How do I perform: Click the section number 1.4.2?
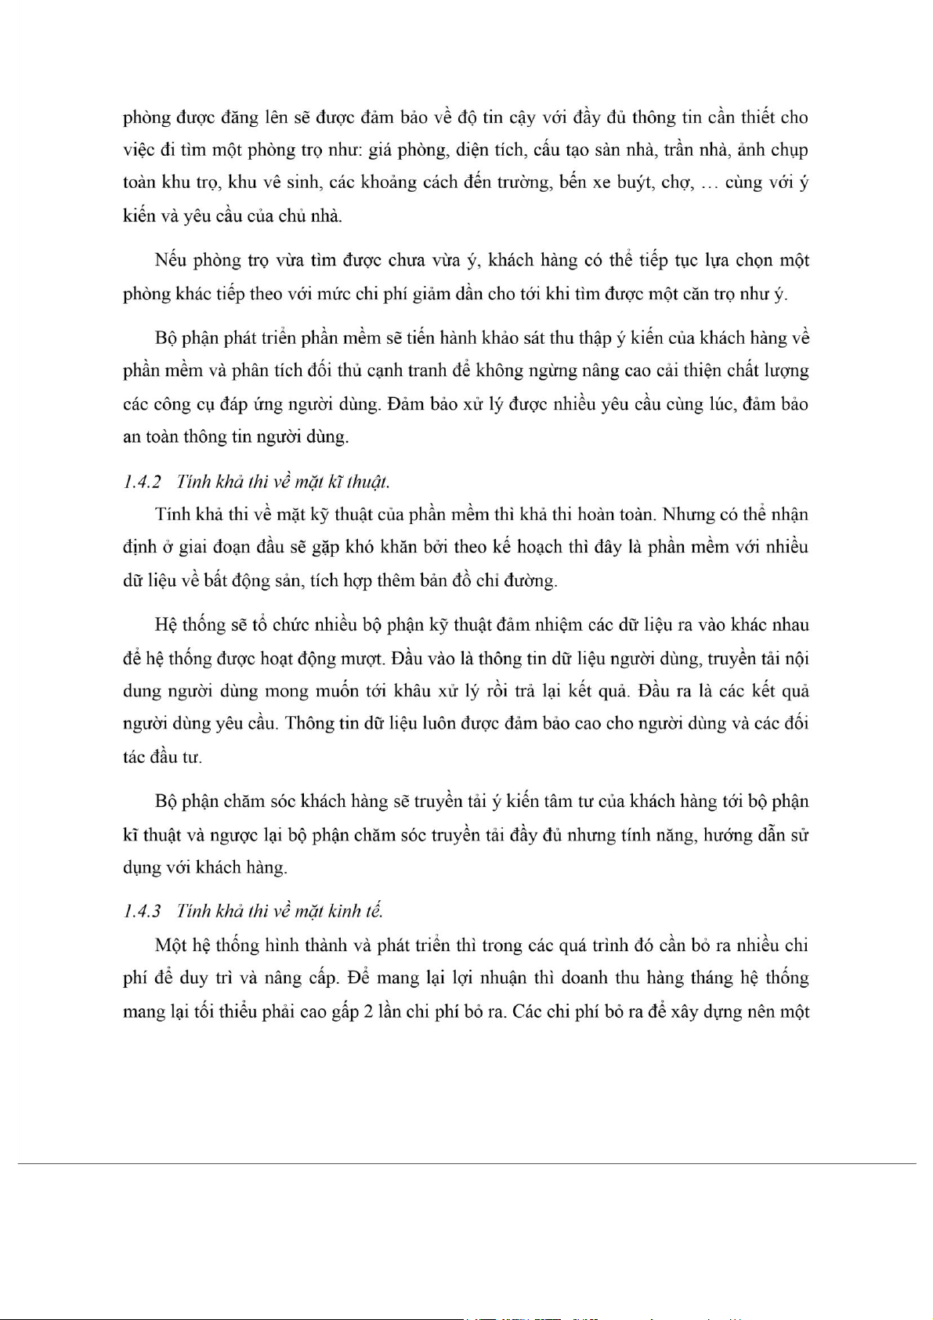[x=141, y=482]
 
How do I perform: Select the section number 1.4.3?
[x=141, y=911]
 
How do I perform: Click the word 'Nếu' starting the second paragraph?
[x=171, y=260]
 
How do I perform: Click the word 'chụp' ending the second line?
[x=788, y=150]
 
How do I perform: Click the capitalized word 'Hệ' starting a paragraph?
[x=166, y=625]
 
